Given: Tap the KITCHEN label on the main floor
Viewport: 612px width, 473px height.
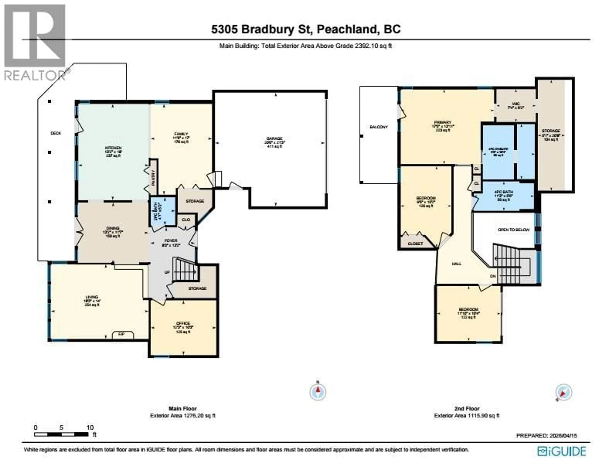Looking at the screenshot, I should click(113, 148).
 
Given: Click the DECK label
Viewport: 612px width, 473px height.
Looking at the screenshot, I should click(56, 133).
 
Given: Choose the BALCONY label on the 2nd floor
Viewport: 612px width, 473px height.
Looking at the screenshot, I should click(379, 127).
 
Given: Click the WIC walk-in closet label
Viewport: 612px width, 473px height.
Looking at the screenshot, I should click(515, 104).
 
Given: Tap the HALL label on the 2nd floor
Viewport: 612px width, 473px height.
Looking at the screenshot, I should click(457, 264).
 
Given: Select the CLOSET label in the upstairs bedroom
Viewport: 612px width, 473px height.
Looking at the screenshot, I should click(415, 244).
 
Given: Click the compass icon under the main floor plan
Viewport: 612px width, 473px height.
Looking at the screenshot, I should click(318, 392).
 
